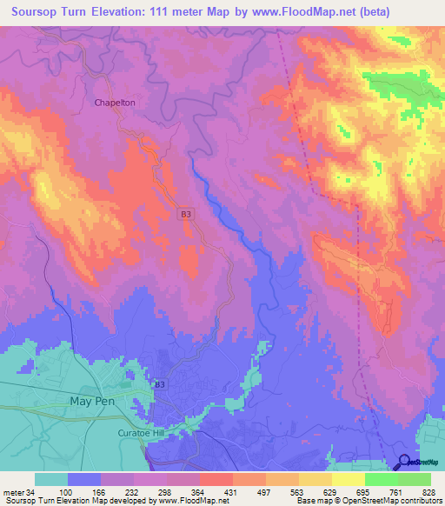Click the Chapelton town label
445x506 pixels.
click(115, 103)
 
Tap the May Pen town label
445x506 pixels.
click(90, 401)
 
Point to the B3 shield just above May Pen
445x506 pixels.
click(159, 383)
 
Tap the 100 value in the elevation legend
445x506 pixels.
click(64, 491)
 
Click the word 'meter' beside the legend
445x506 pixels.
click(14, 491)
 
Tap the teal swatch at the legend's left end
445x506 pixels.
click(50, 479)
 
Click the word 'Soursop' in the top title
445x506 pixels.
click(38, 12)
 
